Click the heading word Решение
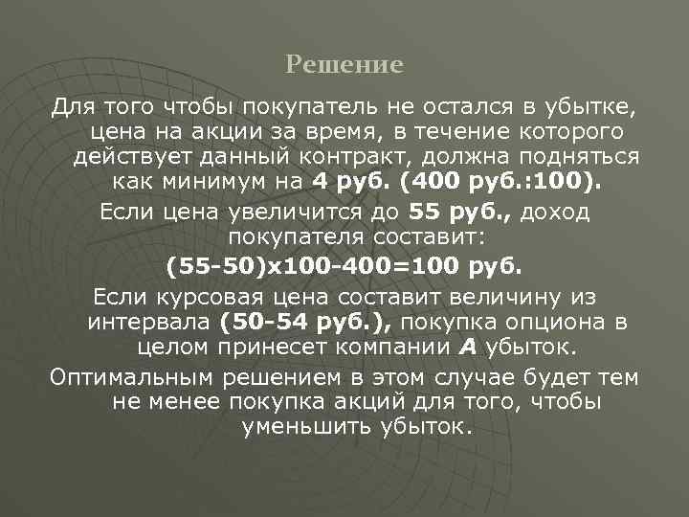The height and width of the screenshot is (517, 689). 344,65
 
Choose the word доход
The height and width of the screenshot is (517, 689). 558,212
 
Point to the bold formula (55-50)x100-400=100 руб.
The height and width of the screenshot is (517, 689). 344,264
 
